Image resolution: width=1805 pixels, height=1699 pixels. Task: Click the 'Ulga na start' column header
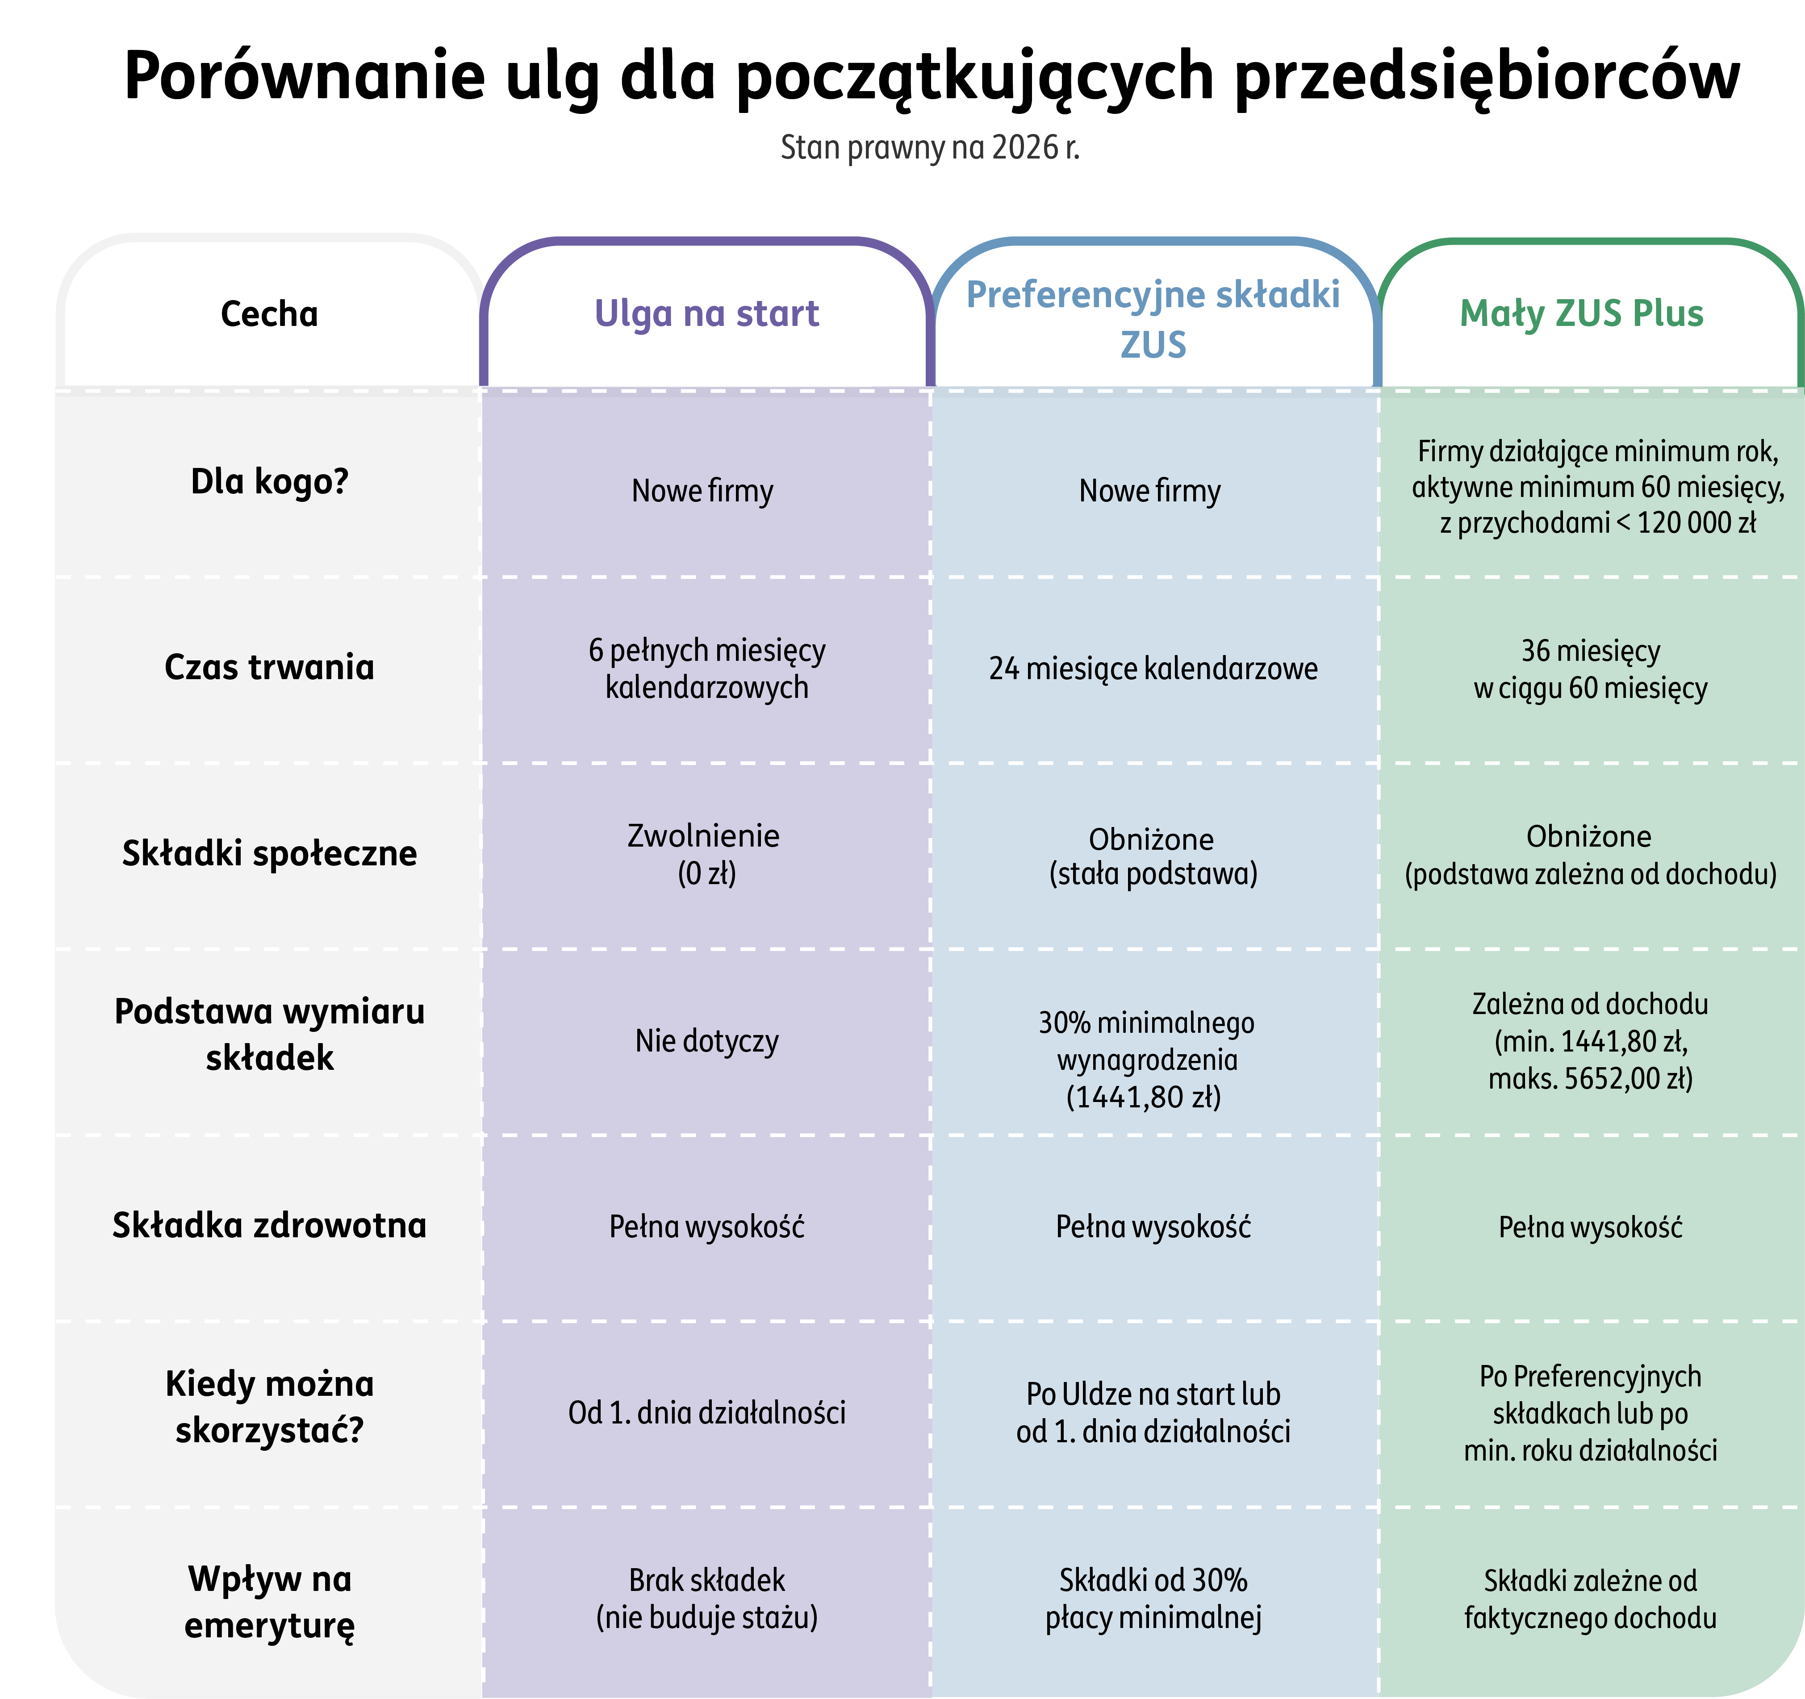(706, 313)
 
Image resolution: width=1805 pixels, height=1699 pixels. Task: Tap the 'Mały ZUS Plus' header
(1582, 313)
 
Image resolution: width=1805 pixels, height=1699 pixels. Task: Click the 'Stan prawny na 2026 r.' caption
(930, 147)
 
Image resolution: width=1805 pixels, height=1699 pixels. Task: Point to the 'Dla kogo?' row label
(270, 481)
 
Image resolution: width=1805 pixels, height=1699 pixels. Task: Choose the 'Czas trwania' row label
(270, 668)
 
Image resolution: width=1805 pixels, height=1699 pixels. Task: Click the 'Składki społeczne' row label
(270, 854)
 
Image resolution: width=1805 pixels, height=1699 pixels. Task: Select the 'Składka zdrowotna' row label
(270, 1226)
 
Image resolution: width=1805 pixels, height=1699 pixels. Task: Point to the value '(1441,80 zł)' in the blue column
(1144, 1097)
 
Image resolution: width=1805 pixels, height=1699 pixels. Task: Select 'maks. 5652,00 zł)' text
(1591, 1079)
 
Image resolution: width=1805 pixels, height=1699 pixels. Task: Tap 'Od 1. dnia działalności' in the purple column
(706, 1413)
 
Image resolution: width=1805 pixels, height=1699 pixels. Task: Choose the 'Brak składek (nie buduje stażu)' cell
(706, 1599)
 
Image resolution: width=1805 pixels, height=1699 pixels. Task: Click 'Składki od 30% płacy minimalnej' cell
(1153, 1599)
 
